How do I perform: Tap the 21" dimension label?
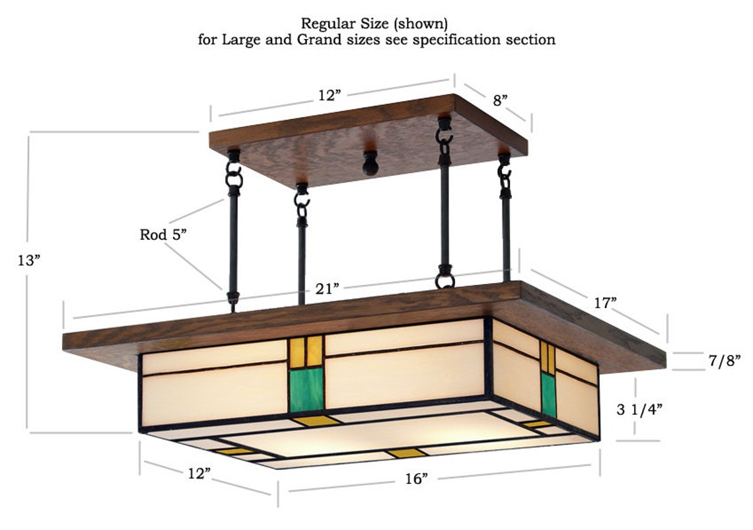coord(327,287)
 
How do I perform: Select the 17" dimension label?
coord(604,303)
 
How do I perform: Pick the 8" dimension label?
coord(501,100)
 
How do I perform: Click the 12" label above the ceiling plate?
coord(328,95)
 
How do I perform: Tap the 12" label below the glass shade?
coord(198,473)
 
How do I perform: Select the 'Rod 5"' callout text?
coord(161,235)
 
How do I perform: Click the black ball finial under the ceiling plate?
coord(371,163)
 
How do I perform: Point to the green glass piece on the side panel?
coord(548,395)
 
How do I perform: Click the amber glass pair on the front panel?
coord(306,347)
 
